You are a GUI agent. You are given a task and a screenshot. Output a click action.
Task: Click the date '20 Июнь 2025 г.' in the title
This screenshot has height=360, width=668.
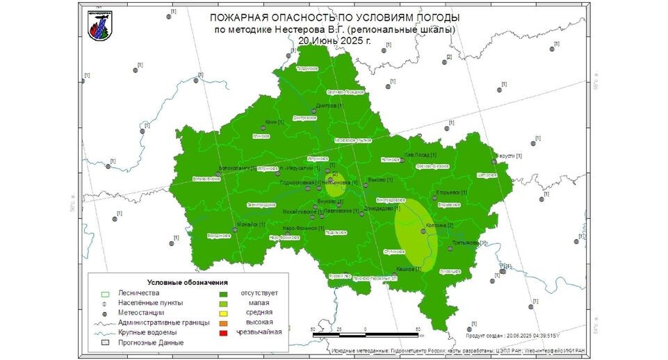click(x=334, y=40)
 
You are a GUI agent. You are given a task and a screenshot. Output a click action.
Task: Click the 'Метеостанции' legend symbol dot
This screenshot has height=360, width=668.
click(x=103, y=313)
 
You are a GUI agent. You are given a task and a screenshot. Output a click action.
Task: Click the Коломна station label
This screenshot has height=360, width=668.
click(x=439, y=225)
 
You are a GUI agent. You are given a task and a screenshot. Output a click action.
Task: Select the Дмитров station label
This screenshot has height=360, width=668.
click(x=329, y=106)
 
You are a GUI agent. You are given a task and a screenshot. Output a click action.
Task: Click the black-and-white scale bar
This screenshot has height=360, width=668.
click(x=365, y=335)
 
